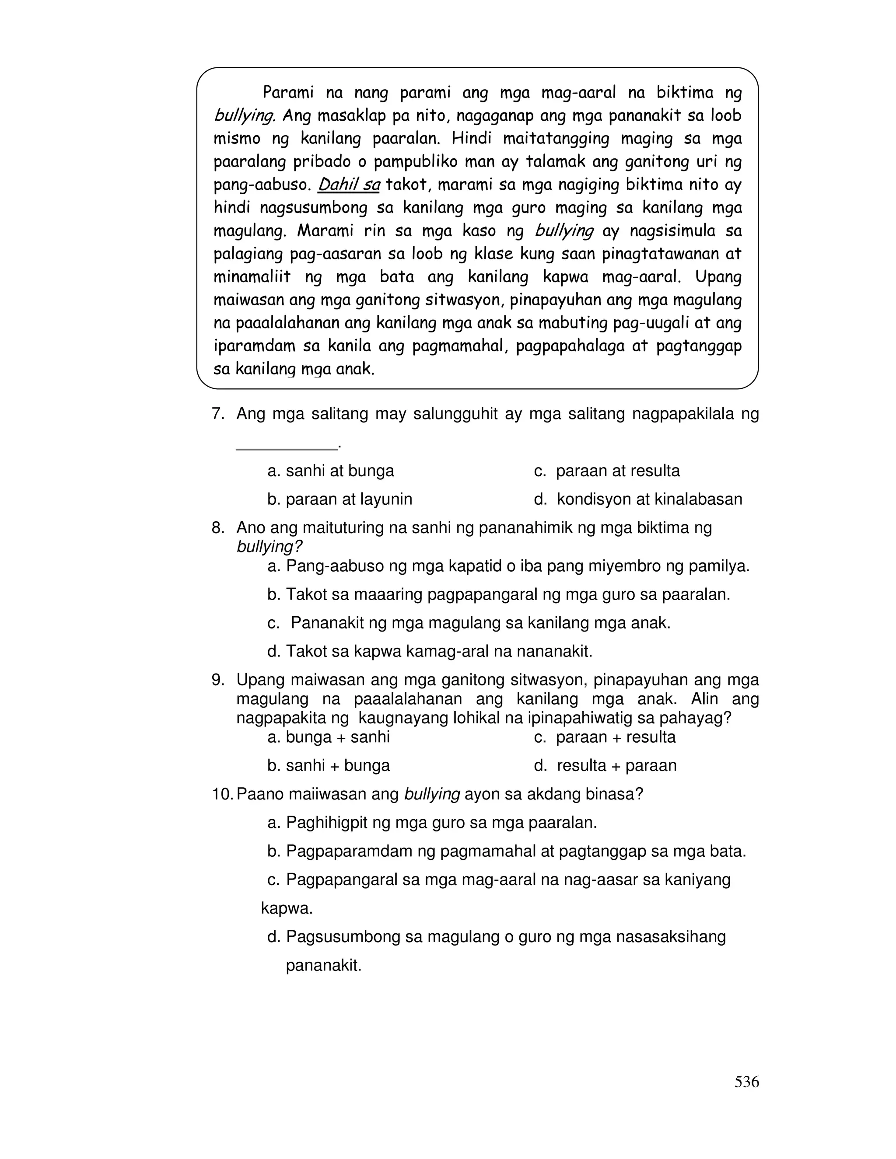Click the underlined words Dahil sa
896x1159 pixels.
point(349,185)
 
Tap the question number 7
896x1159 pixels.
point(218,413)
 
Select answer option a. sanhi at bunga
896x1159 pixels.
point(331,471)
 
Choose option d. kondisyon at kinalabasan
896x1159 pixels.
point(638,499)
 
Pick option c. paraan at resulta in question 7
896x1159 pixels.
point(607,471)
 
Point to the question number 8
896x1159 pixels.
point(218,527)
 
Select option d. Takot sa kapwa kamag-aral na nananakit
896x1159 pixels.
point(430,651)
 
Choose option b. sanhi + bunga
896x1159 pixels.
point(329,765)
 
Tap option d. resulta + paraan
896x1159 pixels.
point(605,765)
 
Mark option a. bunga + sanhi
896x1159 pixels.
point(329,737)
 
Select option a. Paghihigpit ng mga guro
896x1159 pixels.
point(432,823)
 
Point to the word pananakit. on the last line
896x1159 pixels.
point(323,965)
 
